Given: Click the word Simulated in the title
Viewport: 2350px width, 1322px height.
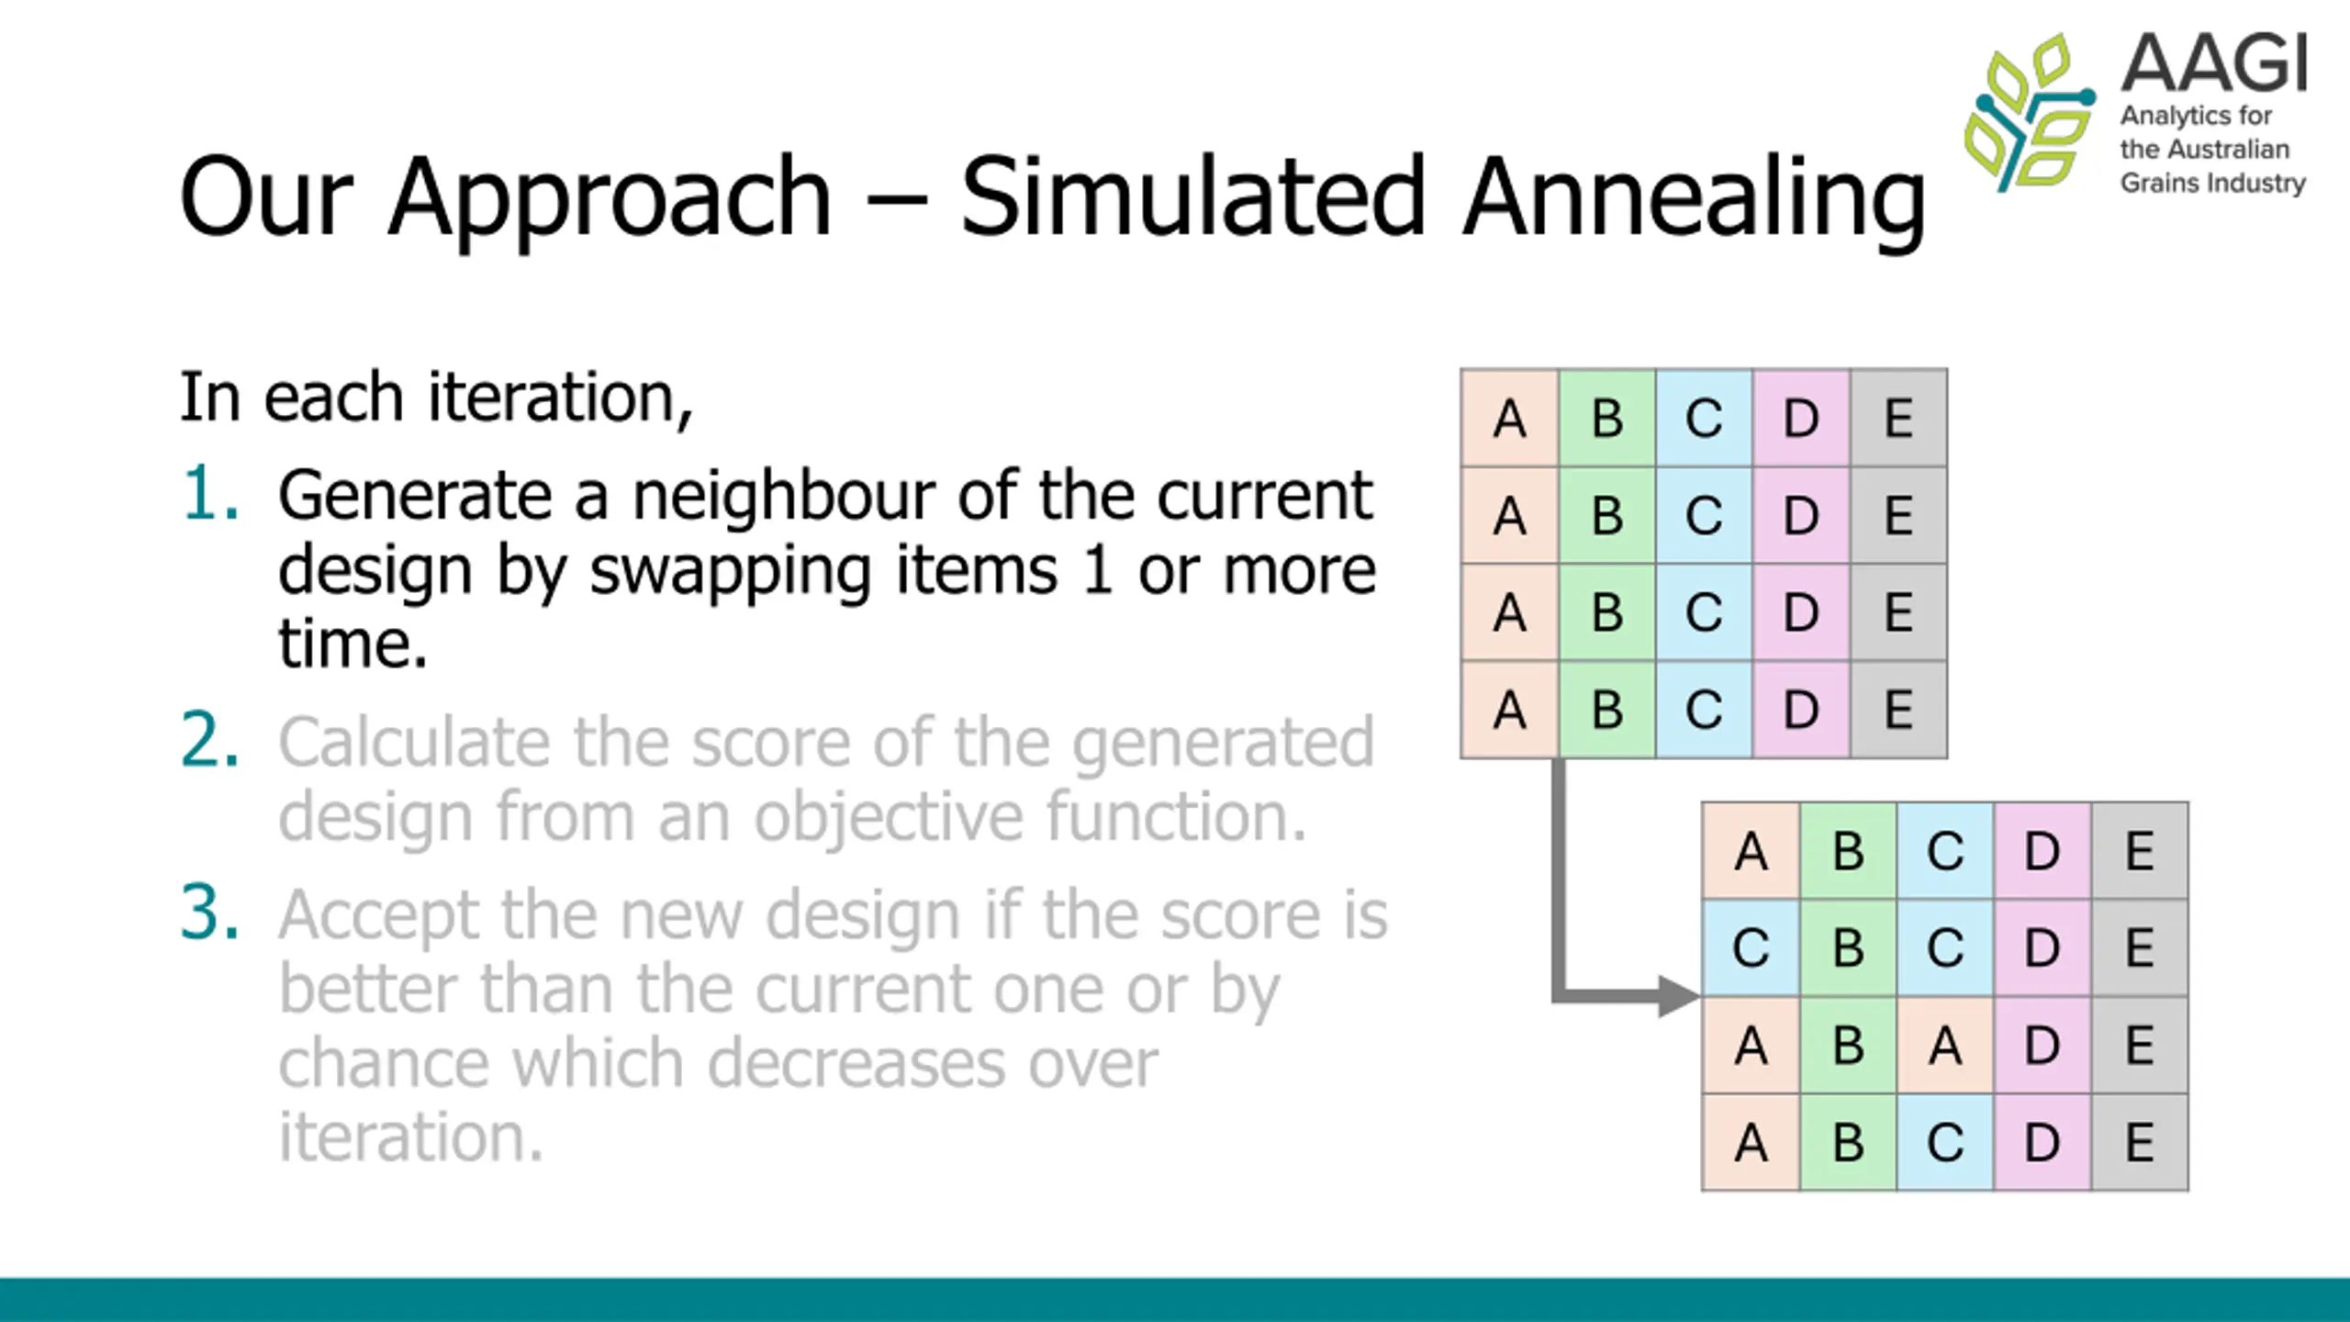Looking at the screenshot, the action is [1192, 195].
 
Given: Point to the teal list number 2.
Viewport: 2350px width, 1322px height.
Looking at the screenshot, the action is [210, 740].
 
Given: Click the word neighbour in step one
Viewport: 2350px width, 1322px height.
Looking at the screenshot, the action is [783, 496].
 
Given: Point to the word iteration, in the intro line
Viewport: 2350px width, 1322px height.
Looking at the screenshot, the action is [559, 398].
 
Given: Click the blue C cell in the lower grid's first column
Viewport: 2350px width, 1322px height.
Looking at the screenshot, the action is [1751, 947].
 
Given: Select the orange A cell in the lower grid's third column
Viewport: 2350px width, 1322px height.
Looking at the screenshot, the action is [1945, 1045].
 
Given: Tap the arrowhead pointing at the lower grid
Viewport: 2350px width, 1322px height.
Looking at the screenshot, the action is [1678, 996].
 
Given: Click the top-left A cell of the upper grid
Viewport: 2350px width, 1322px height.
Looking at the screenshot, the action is [1510, 418].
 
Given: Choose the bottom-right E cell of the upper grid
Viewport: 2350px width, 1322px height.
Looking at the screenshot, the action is [1898, 709].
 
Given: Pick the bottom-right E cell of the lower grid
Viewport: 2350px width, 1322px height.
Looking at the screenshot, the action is [2140, 1142].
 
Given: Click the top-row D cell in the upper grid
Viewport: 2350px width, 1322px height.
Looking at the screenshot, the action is [1801, 418].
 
